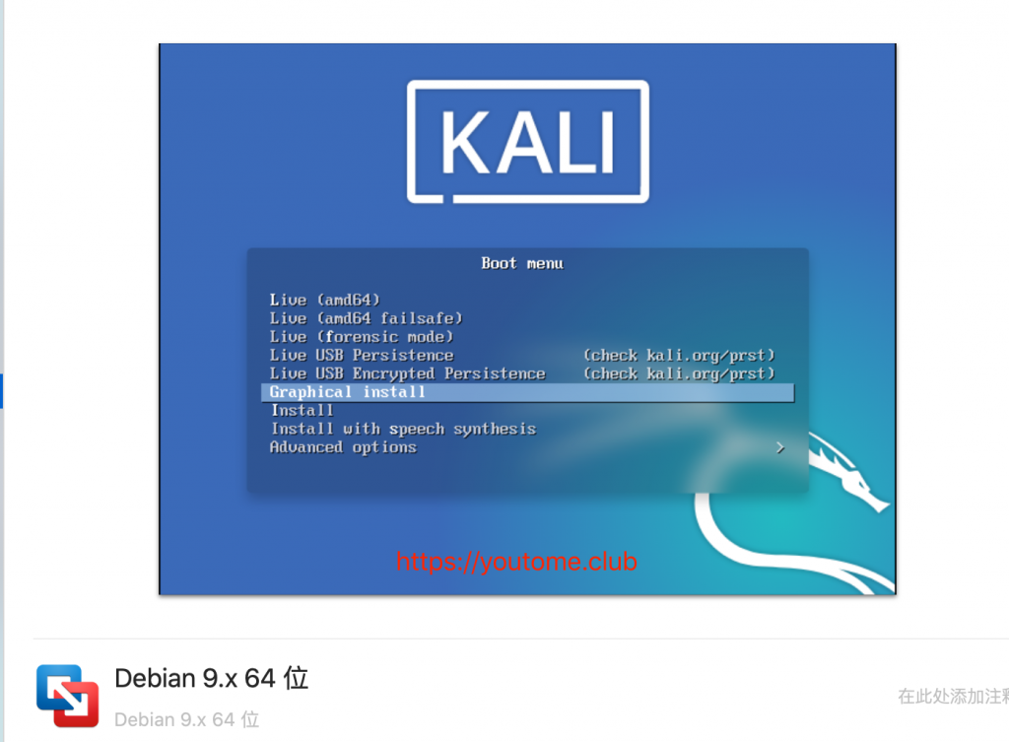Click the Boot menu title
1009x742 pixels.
pos(522,263)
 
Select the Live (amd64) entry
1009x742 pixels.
pos(324,300)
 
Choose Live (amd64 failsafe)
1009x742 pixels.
pos(366,318)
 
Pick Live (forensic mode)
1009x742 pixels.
pos(361,337)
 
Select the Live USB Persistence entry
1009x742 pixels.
pos(361,355)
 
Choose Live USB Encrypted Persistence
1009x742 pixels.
pos(407,373)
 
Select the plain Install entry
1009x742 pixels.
pos(303,411)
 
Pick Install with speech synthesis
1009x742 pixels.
pos(403,430)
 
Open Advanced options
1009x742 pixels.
pos(343,447)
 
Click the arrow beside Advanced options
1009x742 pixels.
pos(780,447)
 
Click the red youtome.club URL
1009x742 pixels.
pos(516,561)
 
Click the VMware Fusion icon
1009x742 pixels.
pos(68,696)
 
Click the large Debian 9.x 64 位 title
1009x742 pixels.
pos(212,678)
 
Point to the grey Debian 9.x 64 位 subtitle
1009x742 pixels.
pos(186,719)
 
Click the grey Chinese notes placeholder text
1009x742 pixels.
pos(953,696)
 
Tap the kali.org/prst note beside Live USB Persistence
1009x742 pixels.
pos(679,355)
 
